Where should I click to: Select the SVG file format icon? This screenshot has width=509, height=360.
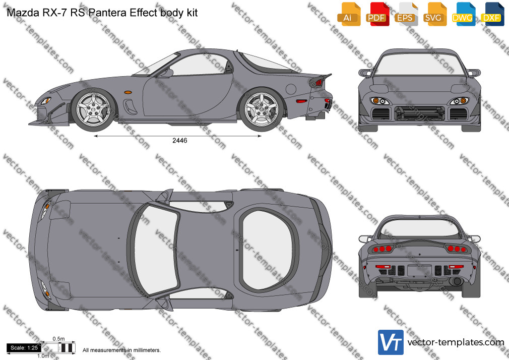[x=435, y=14]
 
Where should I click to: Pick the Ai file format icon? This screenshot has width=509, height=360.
[x=349, y=14]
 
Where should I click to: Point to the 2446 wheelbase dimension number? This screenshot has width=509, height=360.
[x=179, y=140]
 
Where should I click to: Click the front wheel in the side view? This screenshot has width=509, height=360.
[x=94, y=109]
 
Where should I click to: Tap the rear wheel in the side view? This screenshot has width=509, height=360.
[x=262, y=109]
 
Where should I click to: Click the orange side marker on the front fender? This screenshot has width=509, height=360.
[x=128, y=92]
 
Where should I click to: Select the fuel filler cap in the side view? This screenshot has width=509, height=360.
[x=291, y=89]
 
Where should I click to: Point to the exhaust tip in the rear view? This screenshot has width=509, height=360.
[x=457, y=281]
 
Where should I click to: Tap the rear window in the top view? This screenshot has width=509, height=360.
[x=267, y=250]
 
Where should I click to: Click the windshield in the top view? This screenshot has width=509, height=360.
[x=156, y=249]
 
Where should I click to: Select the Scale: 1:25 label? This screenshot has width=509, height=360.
[x=24, y=348]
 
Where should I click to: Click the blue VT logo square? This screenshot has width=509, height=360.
[x=391, y=342]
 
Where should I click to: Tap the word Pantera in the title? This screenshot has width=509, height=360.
[x=107, y=13]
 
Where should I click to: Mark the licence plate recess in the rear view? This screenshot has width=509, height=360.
[x=419, y=270]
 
